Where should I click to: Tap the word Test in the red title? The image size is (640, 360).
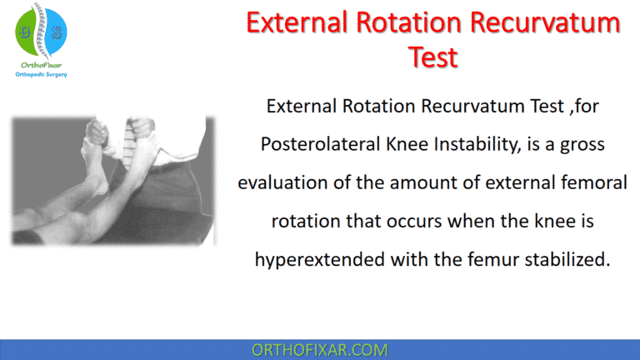click(433, 57)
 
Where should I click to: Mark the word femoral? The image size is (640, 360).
click(593, 183)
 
